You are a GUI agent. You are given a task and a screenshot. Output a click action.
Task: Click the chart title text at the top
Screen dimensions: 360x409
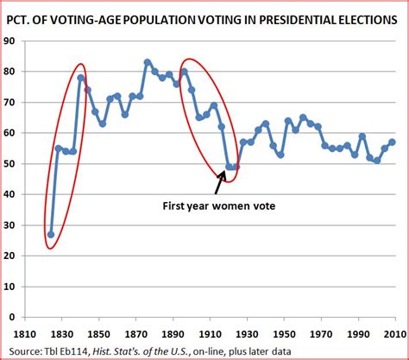coord(204,16)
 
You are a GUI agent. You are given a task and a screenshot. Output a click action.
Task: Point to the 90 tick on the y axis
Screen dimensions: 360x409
coord(18,41)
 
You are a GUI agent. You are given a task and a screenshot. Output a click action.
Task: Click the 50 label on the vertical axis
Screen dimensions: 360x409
coord(18,163)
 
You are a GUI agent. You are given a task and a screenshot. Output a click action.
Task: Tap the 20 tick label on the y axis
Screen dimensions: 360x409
coord(18,255)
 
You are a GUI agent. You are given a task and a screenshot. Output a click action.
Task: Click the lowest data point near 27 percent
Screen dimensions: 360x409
coord(51,234)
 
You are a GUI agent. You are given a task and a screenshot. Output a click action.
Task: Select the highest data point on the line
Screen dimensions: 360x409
coord(148,62)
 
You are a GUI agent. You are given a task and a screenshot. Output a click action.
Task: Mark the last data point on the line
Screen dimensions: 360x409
coord(393,142)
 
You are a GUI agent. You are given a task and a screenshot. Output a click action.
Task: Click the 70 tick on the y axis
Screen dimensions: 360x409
coord(18,102)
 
